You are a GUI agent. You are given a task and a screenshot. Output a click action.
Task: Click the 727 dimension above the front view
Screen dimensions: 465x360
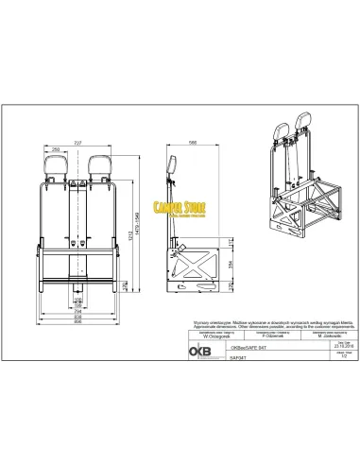point(79,142)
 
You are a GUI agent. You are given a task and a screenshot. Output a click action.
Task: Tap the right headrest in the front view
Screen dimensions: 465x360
point(99,165)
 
